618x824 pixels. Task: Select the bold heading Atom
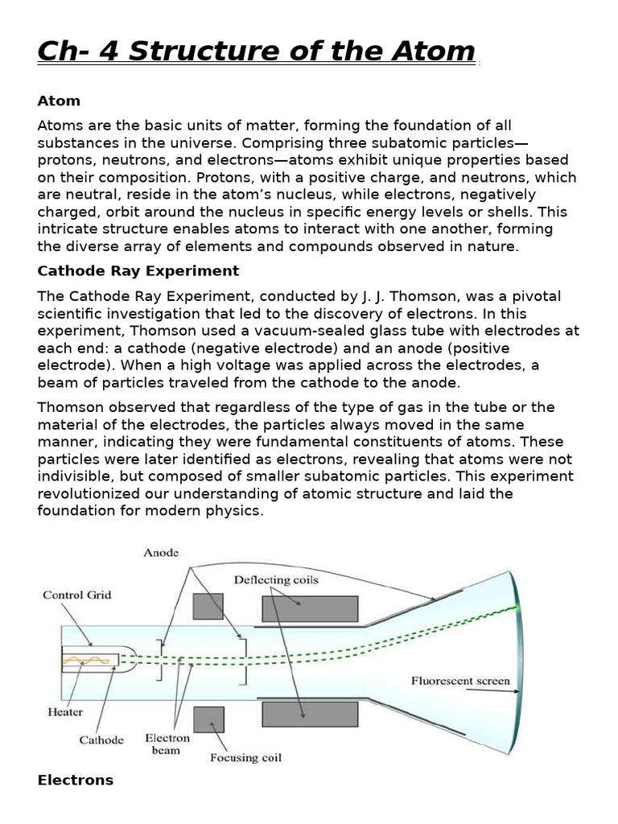click(x=59, y=101)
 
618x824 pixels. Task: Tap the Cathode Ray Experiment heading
click(x=138, y=270)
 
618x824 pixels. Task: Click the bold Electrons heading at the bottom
click(x=76, y=780)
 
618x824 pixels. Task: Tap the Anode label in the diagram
click(x=161, y=553)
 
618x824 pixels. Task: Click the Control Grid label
click(x=77, y=595)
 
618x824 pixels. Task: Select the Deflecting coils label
click(x=276, y=579)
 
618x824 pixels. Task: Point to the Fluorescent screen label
click(x=460, y=681)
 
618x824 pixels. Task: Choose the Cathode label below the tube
click(x=101, y=740)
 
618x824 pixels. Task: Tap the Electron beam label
click(x=167, y=744)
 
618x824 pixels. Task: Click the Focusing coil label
click(x=245, y=757)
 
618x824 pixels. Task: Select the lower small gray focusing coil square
click(x=208, y=719)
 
